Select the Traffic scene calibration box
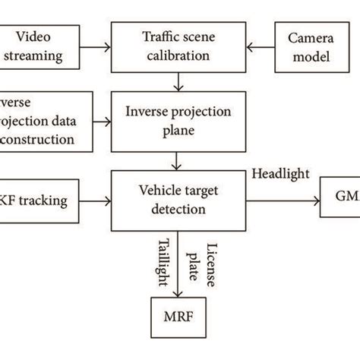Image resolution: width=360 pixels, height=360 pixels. pyautogui.click(x=177, y=46)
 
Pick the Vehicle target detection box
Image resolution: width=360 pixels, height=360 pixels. pyautogui.click(x=177, y=201)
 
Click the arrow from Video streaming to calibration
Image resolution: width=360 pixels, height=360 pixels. pyautogui.click(x=94, y=46)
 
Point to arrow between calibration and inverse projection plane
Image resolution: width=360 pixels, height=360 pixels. pyautogui.click(x=177, y=80)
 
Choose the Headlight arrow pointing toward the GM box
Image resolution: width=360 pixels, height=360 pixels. pyautogui.click(x=281, y=201)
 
